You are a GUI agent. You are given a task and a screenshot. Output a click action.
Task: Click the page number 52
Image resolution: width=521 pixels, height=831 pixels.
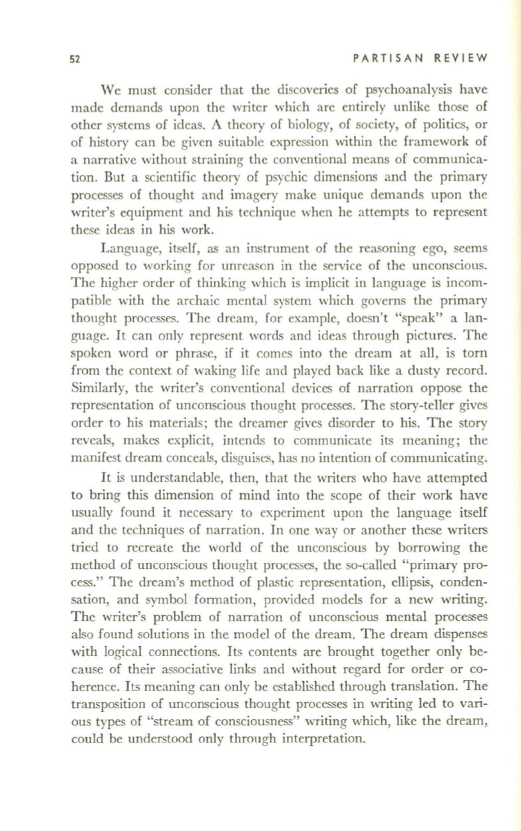pyautogui.click(x=75, y=59)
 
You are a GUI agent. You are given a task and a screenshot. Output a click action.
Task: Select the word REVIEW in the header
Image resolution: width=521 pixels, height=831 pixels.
pyautogui.click(x=460, y=59)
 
